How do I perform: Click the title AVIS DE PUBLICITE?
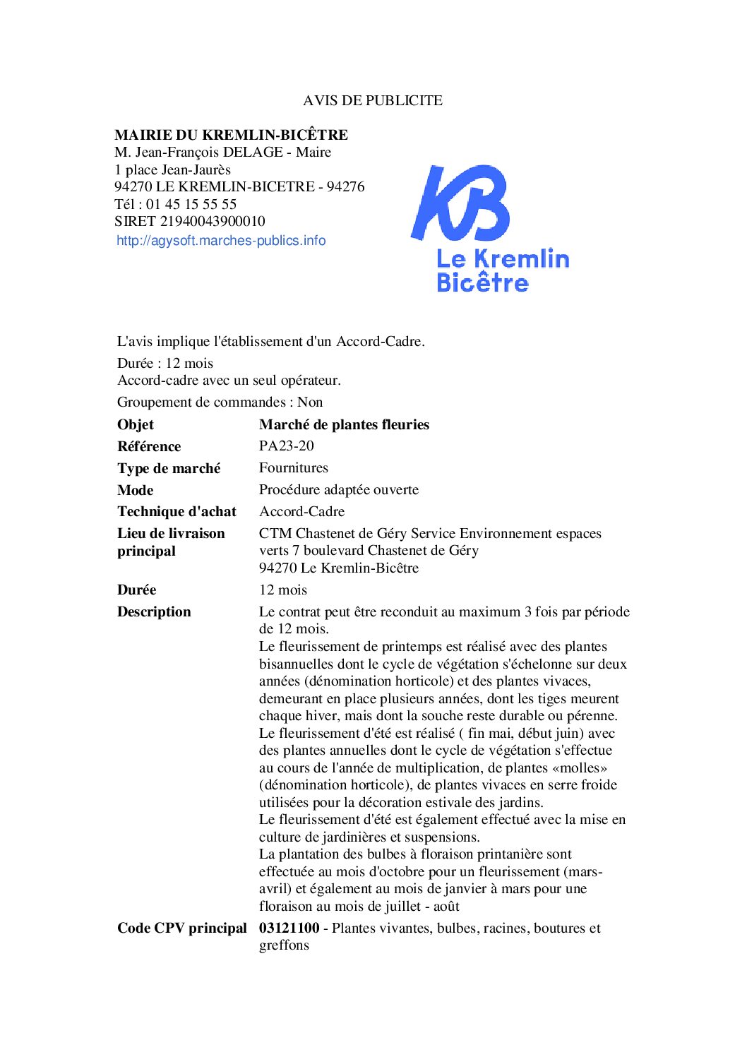[373, 100]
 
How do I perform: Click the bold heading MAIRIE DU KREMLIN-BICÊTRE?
[231, 135]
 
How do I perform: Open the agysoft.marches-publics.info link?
[221, 241]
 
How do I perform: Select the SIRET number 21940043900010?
[213, 222]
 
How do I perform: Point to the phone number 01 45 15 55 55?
[191, 204]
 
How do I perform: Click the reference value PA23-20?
[286, 446]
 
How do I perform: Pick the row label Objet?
[136, 424]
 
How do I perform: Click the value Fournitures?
[293, 468]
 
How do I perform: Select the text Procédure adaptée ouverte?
[338, 490]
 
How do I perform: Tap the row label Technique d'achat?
[177, 512]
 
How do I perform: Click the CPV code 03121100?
[289, 928]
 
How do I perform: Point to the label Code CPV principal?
[181, 928]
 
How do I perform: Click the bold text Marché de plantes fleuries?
[344, 424]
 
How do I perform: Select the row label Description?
[154, 612]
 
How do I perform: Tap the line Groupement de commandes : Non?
[220, 402]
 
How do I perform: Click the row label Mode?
[136, 490]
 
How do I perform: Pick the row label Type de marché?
[169, 468]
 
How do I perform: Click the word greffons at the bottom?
[284, 945]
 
